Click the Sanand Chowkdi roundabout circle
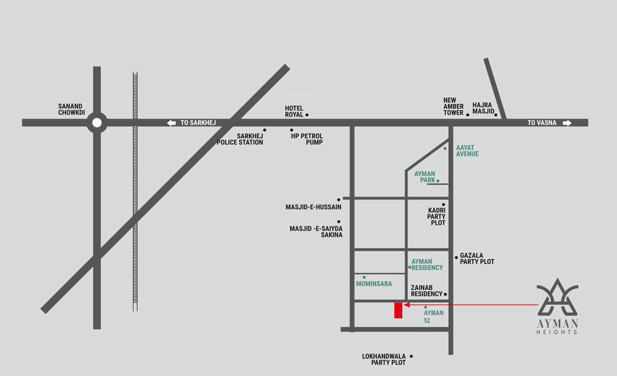[x=97, y=122]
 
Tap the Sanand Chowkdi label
[x=71, y=109]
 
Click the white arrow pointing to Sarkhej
[x=171, y=123]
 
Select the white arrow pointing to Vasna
[x=567, y=123]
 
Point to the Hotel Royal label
[x=294, y=111]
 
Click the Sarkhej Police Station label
[x=240, y=139]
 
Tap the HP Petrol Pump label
[x=307, y=139]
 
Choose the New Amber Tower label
[x=453, y=106]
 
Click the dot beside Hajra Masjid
[x=496, y=115]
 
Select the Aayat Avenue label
[x=467, y=151]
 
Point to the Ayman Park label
[x=425, y=177]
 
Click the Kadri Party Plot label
[x=436, y=216]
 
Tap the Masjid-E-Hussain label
[x=313, y=207]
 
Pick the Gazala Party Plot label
[x=477, y=258]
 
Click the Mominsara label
[x=374, y=283]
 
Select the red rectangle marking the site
[x=398, y=310]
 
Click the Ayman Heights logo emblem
[x=557, y=297]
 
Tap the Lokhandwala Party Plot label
[x=384, y=359]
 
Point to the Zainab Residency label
[x=426, y=291]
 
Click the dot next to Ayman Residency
[x=410, y=267]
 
